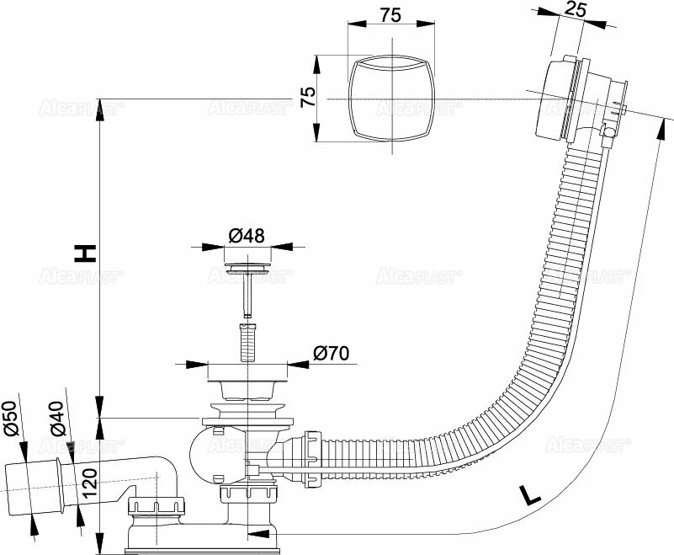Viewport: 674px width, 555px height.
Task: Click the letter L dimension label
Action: click(528, 494)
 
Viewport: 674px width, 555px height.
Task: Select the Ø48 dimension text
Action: click(246, 235)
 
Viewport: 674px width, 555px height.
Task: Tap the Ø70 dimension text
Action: click(332, 354)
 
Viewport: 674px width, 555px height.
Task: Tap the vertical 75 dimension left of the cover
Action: click(309, 97)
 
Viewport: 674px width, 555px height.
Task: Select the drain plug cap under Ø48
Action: click(247, 270)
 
